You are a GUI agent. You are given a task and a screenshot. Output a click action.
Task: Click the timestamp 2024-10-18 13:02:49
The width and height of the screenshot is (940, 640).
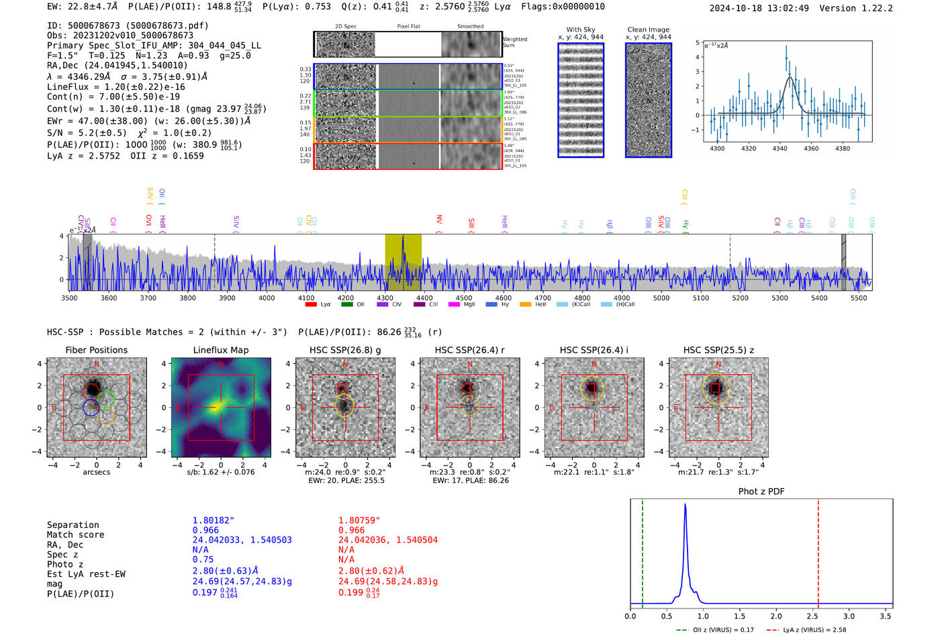point(759,9)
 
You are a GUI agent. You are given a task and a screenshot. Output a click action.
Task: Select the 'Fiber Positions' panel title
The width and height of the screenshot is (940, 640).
point(96,350)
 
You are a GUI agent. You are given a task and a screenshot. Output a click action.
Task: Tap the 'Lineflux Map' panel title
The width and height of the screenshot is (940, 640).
point(221,350)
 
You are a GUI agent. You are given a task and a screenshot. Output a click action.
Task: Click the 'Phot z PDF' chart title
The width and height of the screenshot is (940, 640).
point(761,492)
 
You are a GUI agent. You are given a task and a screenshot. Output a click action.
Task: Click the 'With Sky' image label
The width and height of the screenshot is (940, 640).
point(581,30)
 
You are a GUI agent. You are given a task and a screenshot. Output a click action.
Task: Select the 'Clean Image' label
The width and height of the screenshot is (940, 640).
point(648,30)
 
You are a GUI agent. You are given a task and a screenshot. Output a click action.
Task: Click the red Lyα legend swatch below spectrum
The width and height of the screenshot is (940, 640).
point(311,305)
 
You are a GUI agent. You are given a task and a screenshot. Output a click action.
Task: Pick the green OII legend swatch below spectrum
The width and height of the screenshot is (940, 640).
point(346,305)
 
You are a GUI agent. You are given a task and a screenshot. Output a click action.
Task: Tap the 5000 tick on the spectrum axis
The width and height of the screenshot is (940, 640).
point(661,298)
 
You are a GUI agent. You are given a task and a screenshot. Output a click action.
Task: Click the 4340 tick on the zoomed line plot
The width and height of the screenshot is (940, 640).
point(780,148)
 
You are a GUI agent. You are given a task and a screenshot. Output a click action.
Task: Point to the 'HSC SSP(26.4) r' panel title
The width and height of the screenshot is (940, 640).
point(469,350)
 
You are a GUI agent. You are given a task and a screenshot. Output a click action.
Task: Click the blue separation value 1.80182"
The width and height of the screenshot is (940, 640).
point(214,520)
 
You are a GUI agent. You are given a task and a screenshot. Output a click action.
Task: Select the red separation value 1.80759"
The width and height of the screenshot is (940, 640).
point(359,520)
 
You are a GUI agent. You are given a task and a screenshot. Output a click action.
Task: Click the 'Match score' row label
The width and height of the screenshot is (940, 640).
point(75,535)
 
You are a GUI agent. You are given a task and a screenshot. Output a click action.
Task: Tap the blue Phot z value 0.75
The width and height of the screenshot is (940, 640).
point(203,559)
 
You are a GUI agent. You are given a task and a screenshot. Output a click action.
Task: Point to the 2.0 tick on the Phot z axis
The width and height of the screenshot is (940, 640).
point(776,616)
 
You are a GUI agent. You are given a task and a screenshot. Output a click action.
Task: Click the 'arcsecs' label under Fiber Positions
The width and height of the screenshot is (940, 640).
point(96,472)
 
